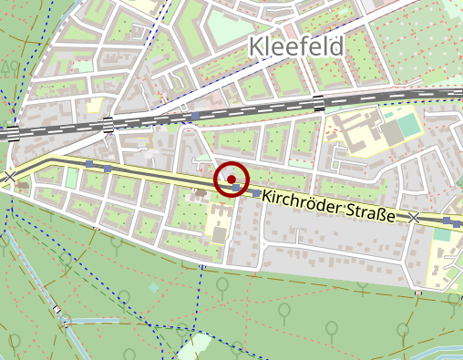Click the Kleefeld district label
[297, 47]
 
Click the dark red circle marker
[231, 180]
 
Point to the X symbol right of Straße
[414, 218]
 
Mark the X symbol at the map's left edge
[9, 176]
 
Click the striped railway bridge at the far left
[13, 134]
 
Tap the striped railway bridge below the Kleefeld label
[319, 102]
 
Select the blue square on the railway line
[194, 117]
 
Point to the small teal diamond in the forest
[153, 288]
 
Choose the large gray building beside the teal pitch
[392, 133]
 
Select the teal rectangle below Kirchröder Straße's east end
[443, 234]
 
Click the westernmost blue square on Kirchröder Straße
[88, 164]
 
